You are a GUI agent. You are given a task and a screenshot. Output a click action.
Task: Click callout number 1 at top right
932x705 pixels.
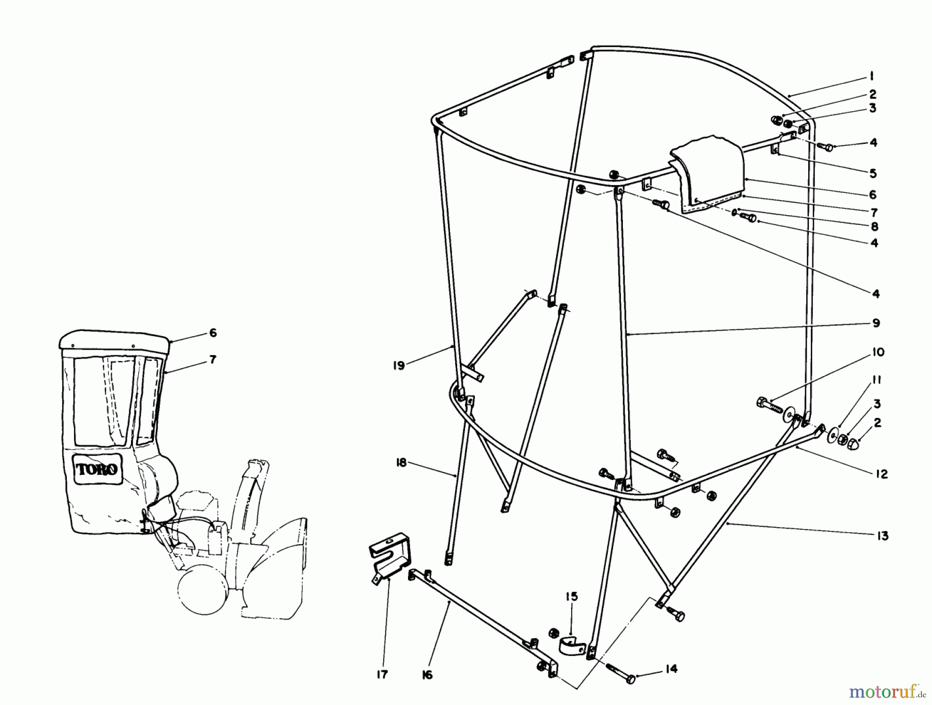(872, 77)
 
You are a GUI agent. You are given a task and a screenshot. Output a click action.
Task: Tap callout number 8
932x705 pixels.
(874, 227)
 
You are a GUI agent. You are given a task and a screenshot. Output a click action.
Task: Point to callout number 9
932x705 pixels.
(876, 323)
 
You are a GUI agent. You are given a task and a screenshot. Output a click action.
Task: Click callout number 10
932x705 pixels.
(878, 353)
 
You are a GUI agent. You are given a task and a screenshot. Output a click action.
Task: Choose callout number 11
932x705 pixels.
(877, 381)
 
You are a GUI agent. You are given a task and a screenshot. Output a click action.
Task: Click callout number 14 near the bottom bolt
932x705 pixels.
(671, 669)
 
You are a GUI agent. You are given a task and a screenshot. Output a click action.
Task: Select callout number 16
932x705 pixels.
(427, 675)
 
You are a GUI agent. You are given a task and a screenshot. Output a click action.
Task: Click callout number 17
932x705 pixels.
(382, 675)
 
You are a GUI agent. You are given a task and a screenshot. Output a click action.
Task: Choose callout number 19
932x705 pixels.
(398, 365)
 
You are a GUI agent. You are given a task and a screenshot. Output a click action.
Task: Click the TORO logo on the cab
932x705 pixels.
(98, 469)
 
